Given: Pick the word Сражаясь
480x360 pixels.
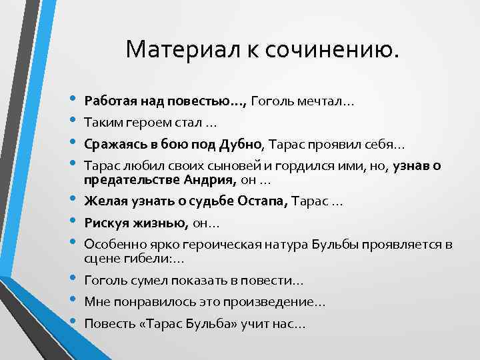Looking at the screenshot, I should click(112, 145).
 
